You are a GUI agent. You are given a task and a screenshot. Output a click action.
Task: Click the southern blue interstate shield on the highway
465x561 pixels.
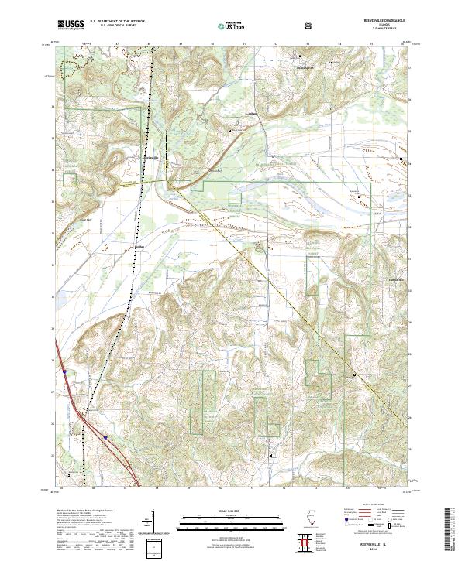pyautogui.click(x=106, y=436)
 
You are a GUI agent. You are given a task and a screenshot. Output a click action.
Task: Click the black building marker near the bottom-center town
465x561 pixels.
pyautogui.click(x=270, y=456)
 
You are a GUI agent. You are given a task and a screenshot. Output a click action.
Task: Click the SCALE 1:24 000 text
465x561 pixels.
pyautogui.click(x=232, y=509)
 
